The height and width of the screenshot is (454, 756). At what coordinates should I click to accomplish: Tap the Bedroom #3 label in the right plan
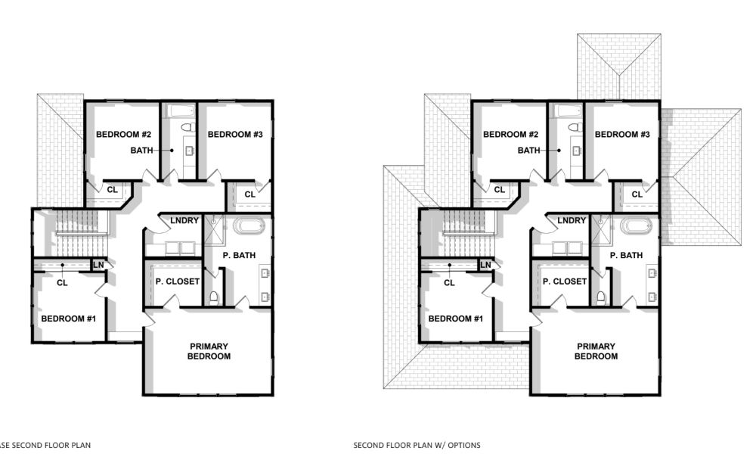[x=622, y=135]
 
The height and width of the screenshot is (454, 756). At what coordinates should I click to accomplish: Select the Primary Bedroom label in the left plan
[x=209, y=351]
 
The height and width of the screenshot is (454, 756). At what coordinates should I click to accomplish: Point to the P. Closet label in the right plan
[x=564, y=281]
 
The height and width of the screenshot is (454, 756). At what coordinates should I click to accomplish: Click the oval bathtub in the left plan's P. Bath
[x=249, y=226]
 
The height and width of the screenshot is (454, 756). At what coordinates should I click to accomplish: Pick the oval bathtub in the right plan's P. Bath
[x=636, y=226]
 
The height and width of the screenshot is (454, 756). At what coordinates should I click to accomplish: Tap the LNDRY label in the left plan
[x=184, y=220]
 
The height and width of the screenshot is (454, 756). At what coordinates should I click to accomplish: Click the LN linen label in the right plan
[x=485, y=264]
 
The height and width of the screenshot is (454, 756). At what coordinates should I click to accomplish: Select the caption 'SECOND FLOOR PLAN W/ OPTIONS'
[x=417, y=445]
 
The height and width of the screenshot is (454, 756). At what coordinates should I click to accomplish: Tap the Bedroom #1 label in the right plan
[x=455, y=319]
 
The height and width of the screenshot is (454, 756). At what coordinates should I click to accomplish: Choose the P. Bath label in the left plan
[x=239, y=256]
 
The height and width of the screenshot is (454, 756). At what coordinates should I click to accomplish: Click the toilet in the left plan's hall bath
[x=188, y=127]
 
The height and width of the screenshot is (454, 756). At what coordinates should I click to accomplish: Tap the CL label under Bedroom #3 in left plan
[x=249, y=194]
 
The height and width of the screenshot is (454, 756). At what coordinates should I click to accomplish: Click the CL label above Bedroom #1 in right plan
[x=449, y=283]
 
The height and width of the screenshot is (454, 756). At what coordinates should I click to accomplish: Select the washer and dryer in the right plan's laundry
[x=560, y=247]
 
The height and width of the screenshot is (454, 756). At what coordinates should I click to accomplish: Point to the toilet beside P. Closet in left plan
[x=214, y=297]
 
